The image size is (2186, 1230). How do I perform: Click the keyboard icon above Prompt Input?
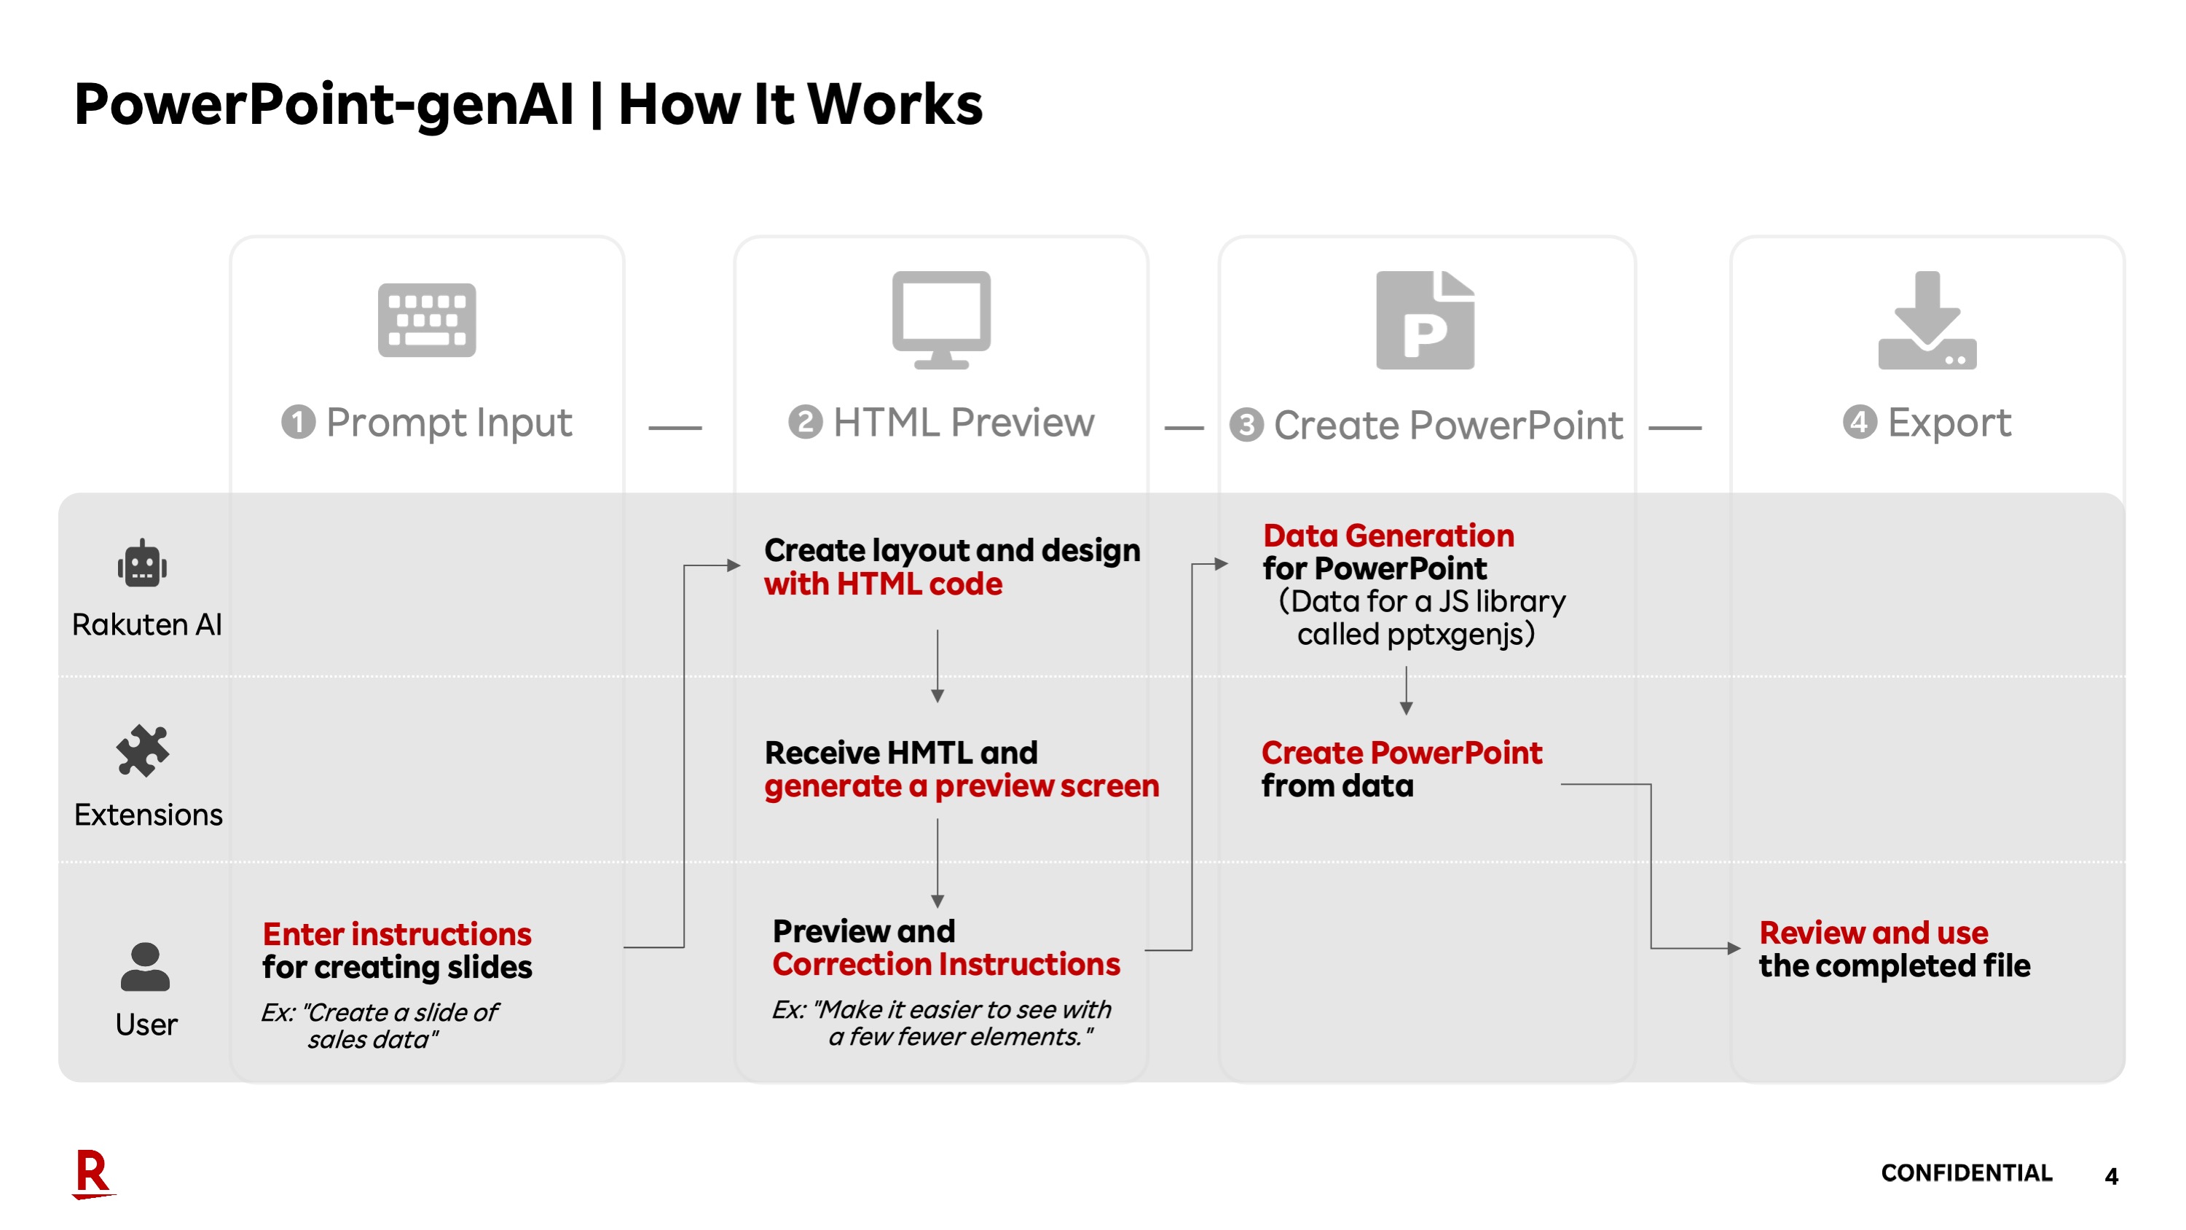coord(427,320)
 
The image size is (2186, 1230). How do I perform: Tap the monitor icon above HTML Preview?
coord(941,319)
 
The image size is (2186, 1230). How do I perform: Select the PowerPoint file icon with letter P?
coord(1425,320)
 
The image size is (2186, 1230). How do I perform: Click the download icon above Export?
coord(1927,320)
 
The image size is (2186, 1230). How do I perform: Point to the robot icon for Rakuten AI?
coord(143,564)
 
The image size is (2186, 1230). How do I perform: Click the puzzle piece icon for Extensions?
coord(143,751)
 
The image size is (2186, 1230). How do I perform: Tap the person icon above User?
coord(145,967)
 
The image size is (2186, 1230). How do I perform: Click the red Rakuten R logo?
coord(93,1173)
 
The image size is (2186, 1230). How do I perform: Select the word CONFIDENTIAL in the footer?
coord(1966,1172)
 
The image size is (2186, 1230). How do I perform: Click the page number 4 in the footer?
coord(2111,1175)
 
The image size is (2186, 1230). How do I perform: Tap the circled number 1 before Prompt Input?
coord(298,422)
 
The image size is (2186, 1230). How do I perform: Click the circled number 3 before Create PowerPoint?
coord(1246,424)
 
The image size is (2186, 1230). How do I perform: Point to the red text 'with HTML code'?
coord(883,584)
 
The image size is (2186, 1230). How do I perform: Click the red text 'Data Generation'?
coord(1388,536)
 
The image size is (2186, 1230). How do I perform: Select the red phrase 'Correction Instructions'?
coord(946,963)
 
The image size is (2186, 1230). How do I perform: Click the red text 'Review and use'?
coord(1873,932)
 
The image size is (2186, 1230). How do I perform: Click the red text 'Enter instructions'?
coord(396,933)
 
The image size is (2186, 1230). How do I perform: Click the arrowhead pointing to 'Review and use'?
coord(1734,948)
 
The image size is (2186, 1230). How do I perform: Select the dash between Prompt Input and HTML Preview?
coord(675,428)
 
